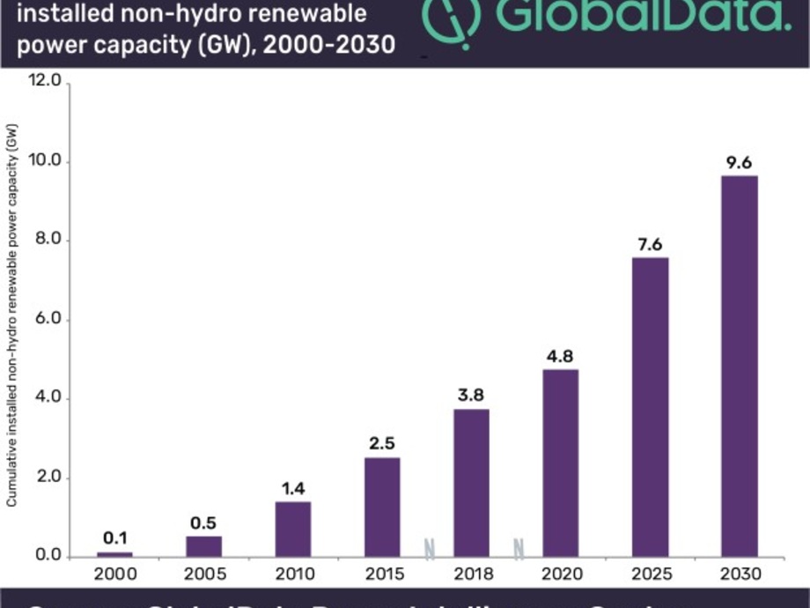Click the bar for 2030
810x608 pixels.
tap(740, 366)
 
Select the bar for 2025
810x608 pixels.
tap(650, 406)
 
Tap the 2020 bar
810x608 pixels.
tap(561, 463)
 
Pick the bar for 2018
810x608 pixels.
tap(472, 482)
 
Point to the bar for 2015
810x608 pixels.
tap(382, 507)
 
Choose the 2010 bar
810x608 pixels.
tap(293, 529)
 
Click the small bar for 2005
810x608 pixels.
tap(204, 546)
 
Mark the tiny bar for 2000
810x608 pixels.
tap(115, 553)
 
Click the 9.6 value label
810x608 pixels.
tap(740, 162)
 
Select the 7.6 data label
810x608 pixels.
tap(650, 244)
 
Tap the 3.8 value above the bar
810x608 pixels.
tap(472, 395)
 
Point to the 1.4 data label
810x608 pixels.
tap(293, 488)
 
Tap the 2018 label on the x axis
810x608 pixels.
tap(472, 575)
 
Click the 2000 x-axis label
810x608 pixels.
tap(115, 575)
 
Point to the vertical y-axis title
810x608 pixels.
tap(11, 313)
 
